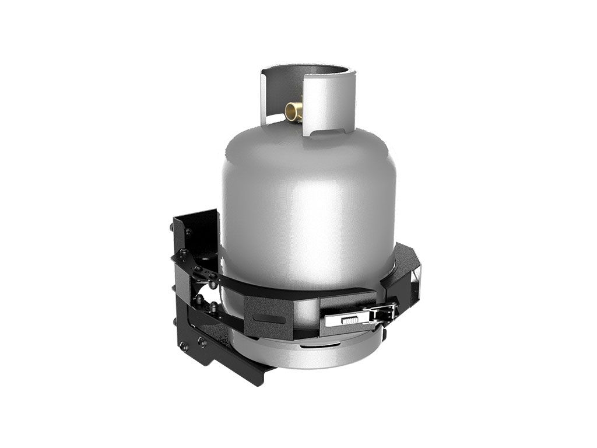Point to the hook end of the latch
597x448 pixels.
click(x=386, y=313)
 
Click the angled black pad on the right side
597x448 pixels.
click(x=402, y=274)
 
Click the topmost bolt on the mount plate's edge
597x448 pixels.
click(x=188, y=232)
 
